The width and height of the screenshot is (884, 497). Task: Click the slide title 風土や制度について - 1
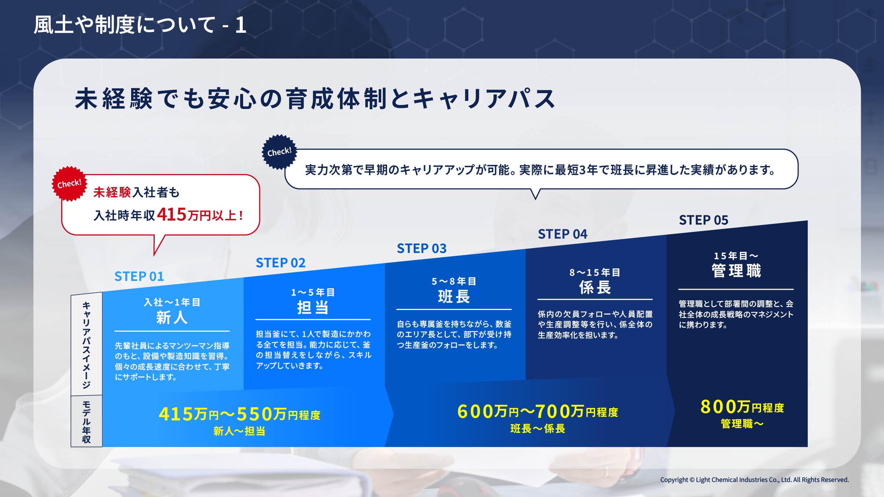[x=140, y=25]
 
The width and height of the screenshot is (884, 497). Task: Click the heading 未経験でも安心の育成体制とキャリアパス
[x=315, y=99]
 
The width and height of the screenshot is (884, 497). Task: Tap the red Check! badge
[x=69, y=183]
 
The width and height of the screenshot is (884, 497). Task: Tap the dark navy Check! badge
[x=279, y=152]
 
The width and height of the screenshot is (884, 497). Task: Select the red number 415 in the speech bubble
[x=172, y=214]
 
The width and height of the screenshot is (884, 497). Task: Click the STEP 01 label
[x=139, y=276]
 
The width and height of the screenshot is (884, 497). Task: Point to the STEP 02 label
[x=281, y=263]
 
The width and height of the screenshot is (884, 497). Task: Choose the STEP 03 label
[x=422, y=248]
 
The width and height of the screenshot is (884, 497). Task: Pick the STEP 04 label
[x=562, y=234]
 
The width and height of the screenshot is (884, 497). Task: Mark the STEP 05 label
[x=704, y=220]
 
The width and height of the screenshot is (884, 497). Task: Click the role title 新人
[x=172, y=317]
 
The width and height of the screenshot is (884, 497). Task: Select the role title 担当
[x=313, y=307]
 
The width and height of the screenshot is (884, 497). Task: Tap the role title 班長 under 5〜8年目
[x=454, y=296]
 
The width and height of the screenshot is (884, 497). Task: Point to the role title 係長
[x=595, y=287]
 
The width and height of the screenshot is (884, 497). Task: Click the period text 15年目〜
[x=736, y=256]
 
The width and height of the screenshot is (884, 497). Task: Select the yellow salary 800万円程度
[x=742, y=407]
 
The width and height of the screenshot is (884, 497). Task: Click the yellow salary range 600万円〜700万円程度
[x=537, y=411]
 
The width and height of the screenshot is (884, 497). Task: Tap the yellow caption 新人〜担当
[x=239, y=431]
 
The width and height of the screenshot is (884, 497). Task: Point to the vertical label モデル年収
[x=86, y=422]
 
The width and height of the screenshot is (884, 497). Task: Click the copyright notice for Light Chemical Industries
[x=754, y=480]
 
